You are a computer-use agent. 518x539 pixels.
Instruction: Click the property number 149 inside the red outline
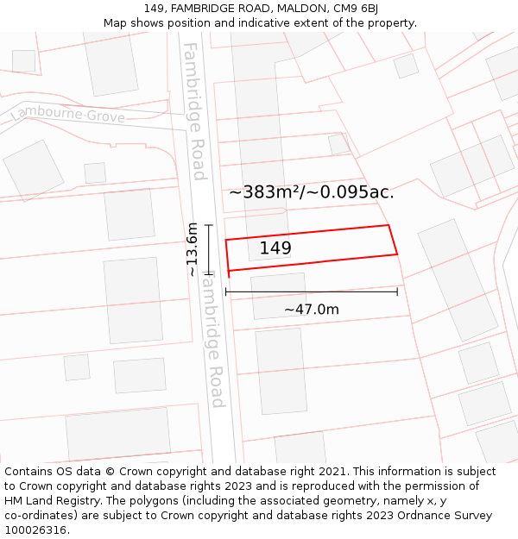[275, 248]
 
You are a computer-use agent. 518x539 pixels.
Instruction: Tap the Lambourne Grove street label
[68, 116]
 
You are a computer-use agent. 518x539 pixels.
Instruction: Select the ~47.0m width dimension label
[311, 309]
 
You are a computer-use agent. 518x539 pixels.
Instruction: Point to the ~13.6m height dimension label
[192, 249]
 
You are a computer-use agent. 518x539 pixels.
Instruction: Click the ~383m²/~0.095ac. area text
[311, 192]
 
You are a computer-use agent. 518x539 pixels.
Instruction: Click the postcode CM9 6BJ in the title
[355, 9]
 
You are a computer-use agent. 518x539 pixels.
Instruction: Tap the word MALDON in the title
[295, 9]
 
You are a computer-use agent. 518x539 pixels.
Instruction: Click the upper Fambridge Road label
[194, 111]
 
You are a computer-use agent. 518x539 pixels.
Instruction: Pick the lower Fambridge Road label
[213, 341]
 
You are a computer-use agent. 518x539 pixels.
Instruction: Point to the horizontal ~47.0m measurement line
[311, 292]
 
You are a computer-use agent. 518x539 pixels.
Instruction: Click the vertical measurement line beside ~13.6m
[208, 249]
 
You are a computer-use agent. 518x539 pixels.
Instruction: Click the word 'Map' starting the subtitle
[115, 23]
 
